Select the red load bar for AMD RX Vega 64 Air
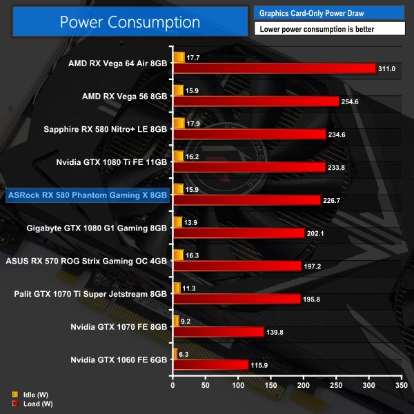(x=274, y=68)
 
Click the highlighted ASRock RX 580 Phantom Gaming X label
(x=87, y=195)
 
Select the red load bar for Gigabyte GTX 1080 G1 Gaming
(x=239, y=233)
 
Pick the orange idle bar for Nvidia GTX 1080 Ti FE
(x=178, y=155)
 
